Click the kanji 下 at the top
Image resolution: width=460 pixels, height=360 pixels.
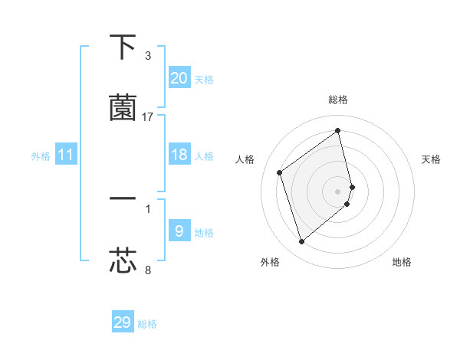pos(123,48)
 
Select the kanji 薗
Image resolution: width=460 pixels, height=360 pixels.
pos(123,107)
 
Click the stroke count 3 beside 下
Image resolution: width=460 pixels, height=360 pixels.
pos(148,56)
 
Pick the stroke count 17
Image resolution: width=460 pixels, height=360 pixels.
pos(148,116)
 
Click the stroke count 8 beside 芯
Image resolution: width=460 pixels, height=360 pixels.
pos(148,270)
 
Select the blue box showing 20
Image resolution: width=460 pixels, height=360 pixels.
pos(179,78)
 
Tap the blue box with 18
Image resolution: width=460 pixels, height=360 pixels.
pos(179,155)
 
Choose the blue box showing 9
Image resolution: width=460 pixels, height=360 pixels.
pos(179,231)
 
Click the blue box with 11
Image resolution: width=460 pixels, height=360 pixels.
pos(66,155)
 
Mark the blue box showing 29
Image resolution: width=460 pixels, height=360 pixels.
pos(123,322)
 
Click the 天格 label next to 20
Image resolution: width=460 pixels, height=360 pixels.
pos(204,80)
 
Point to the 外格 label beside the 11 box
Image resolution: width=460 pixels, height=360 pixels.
pos(41,156)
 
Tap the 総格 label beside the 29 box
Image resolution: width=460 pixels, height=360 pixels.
pos(148,324)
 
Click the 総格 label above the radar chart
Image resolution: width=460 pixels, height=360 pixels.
pos(338,100)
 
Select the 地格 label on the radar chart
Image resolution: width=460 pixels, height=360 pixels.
pos(402,263)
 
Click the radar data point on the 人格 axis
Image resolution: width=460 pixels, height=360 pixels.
pos(280,172)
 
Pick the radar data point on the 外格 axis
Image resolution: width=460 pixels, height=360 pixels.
pos(301,242)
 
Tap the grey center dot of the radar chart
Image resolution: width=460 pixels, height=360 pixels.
pos(338,191)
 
